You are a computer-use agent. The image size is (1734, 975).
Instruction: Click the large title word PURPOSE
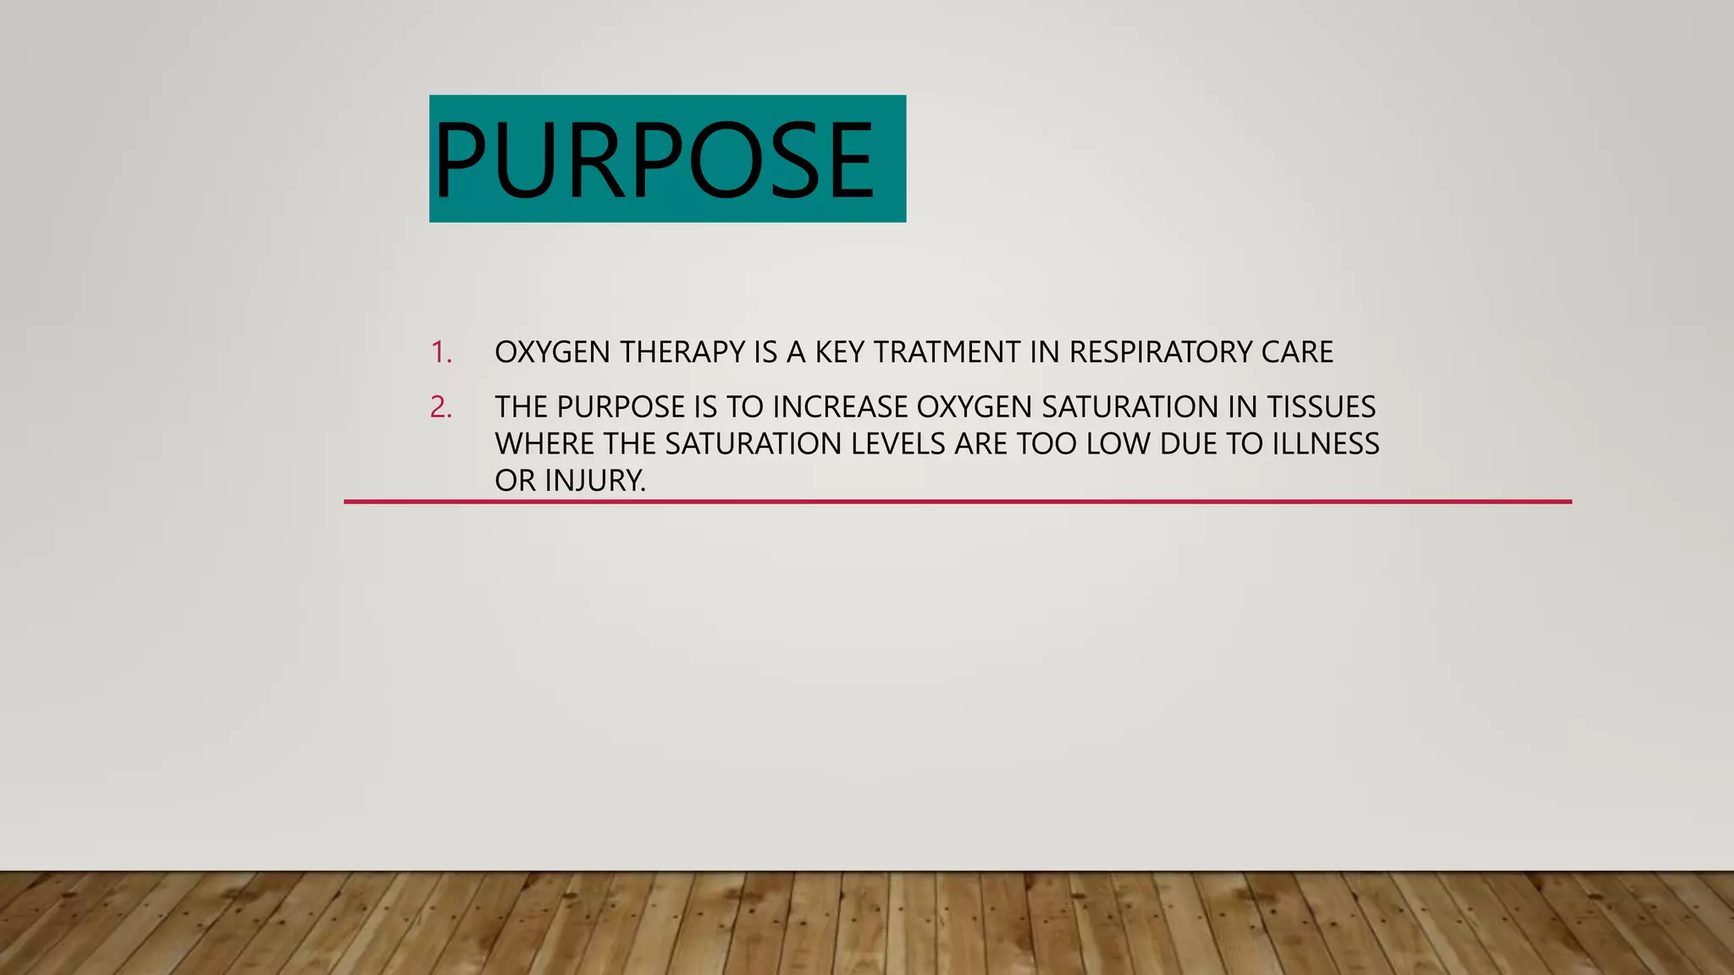(654, 160)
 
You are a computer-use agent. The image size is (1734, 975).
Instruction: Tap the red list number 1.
(441, 352)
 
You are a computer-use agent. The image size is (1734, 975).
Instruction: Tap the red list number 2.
(441, 407)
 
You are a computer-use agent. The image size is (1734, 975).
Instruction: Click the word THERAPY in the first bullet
(682, 352)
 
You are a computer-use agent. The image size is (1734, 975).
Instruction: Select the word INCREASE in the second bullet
(840, 407)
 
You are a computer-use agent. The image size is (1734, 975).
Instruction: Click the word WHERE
(544, 443)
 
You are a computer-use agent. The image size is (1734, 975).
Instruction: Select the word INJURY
(594, 481)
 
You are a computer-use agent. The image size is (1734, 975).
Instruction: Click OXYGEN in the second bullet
(975, 407)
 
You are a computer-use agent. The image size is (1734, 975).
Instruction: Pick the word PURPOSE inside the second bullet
(620, 407)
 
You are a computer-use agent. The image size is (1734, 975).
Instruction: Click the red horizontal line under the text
(957, 502)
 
